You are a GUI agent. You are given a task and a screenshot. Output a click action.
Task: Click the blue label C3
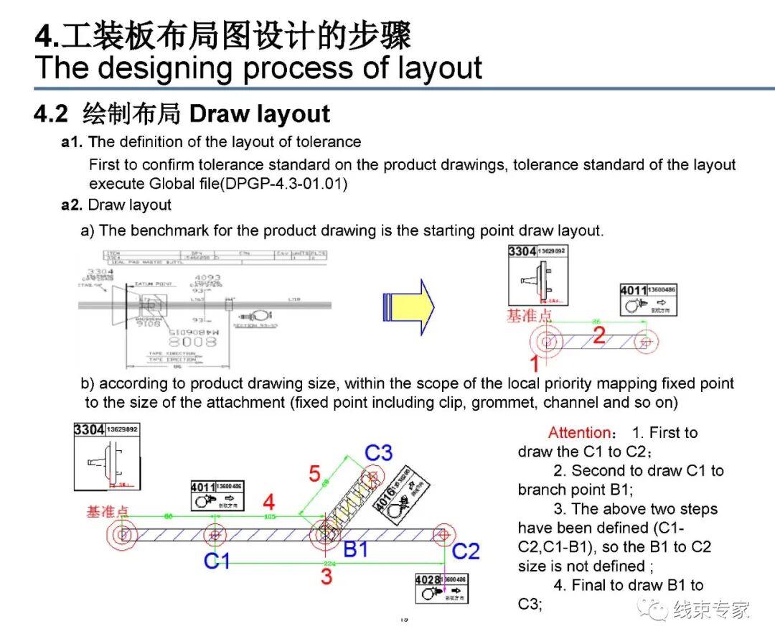coord(379,453)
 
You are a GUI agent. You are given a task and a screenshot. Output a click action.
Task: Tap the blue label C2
coord(466,551)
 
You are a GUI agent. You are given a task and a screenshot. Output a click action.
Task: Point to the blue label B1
coord(355,550)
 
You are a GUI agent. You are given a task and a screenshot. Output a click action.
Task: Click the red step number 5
coord(314,474)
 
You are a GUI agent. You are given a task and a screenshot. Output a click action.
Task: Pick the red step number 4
coord(268,501)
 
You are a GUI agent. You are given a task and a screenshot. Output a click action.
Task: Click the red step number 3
coord(327,577)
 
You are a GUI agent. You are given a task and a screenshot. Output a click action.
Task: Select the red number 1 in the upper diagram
coord(534,363)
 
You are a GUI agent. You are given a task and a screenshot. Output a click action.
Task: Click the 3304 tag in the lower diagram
coord(105,457)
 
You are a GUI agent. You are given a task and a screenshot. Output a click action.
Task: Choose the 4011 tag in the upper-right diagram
coord(648,301)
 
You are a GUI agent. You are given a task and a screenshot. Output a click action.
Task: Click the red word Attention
coord(580,433)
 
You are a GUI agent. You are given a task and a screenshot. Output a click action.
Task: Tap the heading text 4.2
coord(50,114)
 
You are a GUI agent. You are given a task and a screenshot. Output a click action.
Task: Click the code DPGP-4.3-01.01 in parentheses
coord(285,184)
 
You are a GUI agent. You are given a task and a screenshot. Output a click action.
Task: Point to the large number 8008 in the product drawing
coord(192,341)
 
